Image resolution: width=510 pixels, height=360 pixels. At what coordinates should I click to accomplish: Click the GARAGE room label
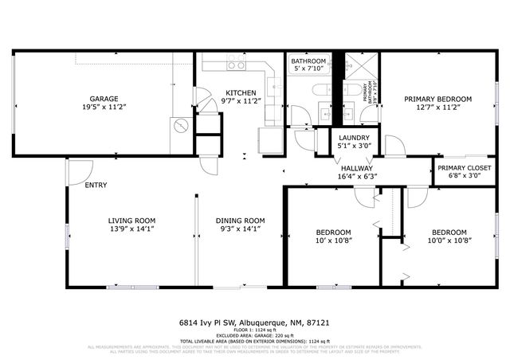[x=104, y=98]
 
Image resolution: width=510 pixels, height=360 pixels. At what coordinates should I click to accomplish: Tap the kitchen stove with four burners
[x=235, y=62]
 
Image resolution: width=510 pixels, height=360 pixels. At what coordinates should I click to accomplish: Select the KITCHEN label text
[x=241, y=92]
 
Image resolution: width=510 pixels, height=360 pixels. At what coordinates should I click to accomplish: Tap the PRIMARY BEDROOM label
[x=437, y=99]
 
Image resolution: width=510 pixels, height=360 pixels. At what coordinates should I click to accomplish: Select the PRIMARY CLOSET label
[x=464, y=169]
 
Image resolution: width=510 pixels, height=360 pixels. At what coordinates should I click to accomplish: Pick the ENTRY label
[x=96, y=186]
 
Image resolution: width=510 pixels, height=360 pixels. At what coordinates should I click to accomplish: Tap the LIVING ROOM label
[x=131, y=221]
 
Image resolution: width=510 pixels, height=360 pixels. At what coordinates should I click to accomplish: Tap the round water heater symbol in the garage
[x=181, y=126]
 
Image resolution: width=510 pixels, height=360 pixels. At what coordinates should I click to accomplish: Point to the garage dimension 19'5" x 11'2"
[x=104, y=106]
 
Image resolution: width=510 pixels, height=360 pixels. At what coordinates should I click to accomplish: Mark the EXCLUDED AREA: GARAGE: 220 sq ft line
[x=254, y=335]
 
